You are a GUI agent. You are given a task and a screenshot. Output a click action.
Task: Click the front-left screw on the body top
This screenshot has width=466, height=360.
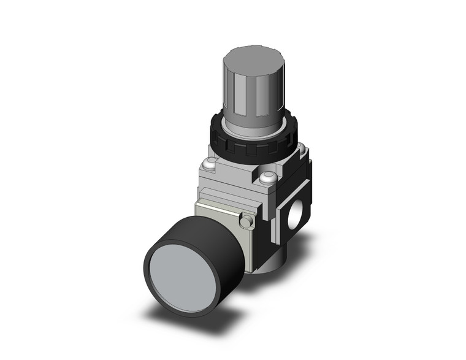pyautogui.click(x=210, y=164)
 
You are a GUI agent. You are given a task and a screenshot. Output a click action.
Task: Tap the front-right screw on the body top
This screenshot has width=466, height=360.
pyautogui.click(x=267, y=178)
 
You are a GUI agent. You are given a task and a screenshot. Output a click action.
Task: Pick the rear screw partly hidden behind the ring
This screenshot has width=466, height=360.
pyautogui.click(x=300, y=147)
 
